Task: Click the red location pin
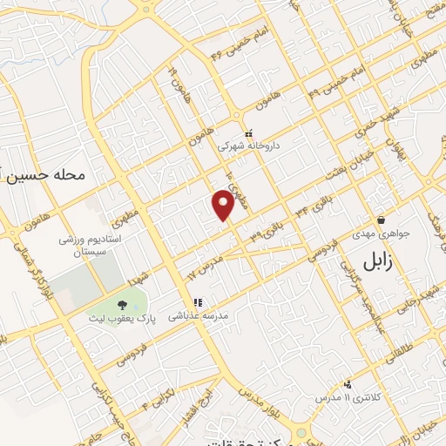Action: (224, 205)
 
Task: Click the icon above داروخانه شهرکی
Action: (249, 134)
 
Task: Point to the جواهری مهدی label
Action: (380, 234)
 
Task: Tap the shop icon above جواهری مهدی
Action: (381, 220)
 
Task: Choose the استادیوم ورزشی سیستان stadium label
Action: (96, 244)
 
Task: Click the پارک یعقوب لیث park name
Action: (120, 320)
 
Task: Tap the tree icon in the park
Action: (121, 305)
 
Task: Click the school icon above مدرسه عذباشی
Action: (199, 303)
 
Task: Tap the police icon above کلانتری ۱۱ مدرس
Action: (348, 383)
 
